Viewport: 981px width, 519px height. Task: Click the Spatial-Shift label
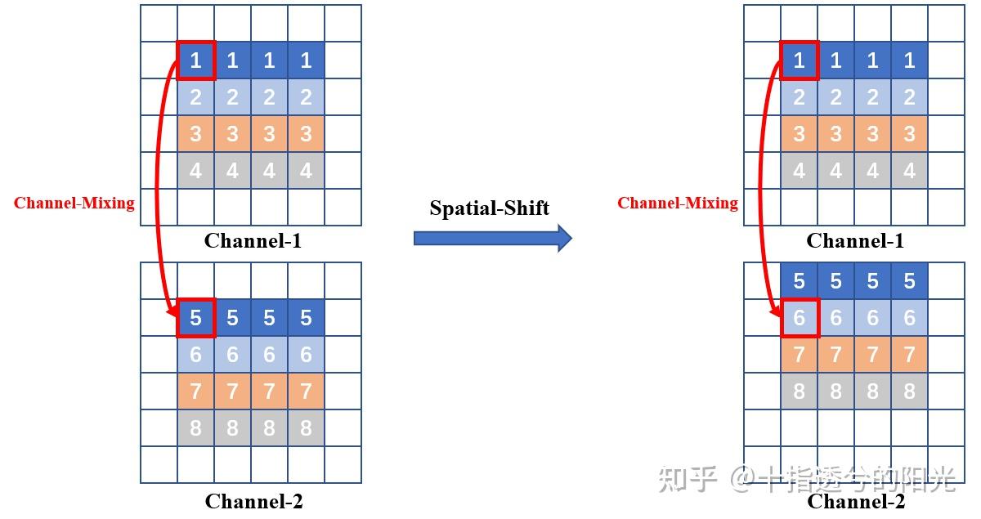(489, 208)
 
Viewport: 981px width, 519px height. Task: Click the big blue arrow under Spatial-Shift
(492, 239)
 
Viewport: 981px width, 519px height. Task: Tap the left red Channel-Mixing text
(74, 203)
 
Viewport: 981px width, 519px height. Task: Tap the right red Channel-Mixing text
(678, 203)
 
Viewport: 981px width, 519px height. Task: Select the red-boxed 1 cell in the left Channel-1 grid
(196, 60)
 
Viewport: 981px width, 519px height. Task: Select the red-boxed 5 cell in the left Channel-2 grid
(196, 317)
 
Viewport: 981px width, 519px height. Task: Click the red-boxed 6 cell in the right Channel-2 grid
(800, 318)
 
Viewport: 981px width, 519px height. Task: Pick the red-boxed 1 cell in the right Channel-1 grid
(800, 60)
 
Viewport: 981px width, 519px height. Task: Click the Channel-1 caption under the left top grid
(253, 240)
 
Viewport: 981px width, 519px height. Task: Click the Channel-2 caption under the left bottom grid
(253, 501)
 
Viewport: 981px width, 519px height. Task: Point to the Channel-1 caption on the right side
(855, 240)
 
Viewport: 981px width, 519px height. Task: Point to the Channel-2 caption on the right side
(856, 501)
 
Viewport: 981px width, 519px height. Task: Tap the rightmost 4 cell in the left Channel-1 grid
(306, 171)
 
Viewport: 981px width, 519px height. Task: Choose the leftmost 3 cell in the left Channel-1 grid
(196, 134)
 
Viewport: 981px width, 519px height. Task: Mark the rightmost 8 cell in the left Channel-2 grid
(306, 427)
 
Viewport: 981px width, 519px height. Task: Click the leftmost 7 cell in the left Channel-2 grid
(196, 391)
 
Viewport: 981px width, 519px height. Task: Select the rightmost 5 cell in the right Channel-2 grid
(909, 281)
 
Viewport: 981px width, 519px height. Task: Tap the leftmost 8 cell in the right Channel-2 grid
(800, 391)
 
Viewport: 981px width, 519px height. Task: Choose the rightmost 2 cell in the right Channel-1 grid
(909, 97)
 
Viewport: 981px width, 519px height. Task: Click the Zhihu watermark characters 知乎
(688, 480)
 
